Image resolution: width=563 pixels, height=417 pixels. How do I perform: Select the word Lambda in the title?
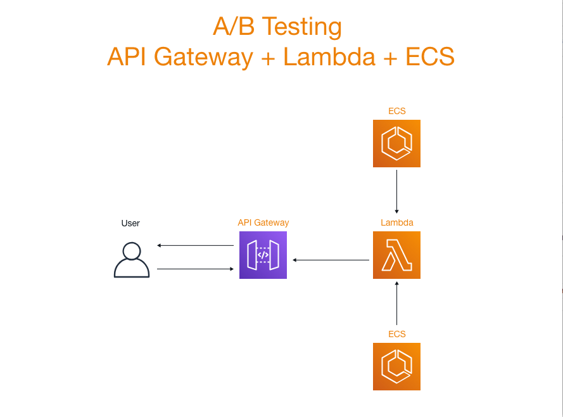[x=329, y=57]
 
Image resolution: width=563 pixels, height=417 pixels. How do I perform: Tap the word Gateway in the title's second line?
[x=205, y=57]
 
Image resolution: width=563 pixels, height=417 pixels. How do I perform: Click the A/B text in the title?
[x=233, y=27]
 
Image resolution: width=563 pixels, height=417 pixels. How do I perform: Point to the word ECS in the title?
[x=430, y=57]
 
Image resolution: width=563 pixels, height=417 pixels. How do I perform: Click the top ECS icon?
[x=396, y=143]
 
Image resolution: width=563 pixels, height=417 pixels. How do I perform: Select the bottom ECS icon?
[x=396, y=366]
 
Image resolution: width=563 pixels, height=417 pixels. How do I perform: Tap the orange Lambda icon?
[x=396, y=255]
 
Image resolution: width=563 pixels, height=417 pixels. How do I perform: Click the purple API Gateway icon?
[x=263, y=255]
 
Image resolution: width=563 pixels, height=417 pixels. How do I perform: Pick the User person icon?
[x=131, y=260]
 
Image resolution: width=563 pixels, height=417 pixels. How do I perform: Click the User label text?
[x=130, y=223]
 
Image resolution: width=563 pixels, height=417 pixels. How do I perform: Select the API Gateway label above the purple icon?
[x=263, y=222]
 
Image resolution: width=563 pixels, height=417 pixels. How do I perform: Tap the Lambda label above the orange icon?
[x=396, y=222]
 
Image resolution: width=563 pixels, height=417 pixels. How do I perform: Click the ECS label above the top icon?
[x=396, y=111]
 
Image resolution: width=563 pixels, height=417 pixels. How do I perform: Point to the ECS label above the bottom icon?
[x=396, y=334]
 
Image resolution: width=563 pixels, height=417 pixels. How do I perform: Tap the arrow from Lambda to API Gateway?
[x=331, y=260]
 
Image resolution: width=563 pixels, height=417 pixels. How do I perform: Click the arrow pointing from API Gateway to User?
[x=196, y=245]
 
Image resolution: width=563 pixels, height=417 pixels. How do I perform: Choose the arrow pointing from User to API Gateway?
[x=196, y=269]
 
